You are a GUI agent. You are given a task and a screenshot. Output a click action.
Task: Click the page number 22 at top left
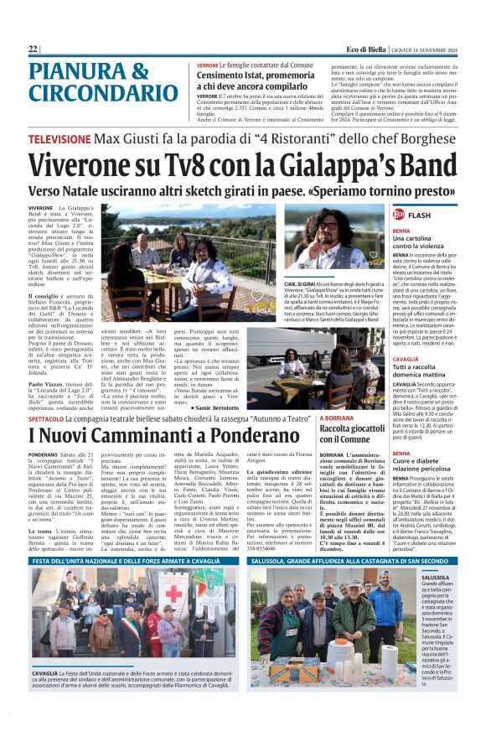point(33,49)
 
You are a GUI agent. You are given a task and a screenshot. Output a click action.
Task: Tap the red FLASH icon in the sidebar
point(399,215)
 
